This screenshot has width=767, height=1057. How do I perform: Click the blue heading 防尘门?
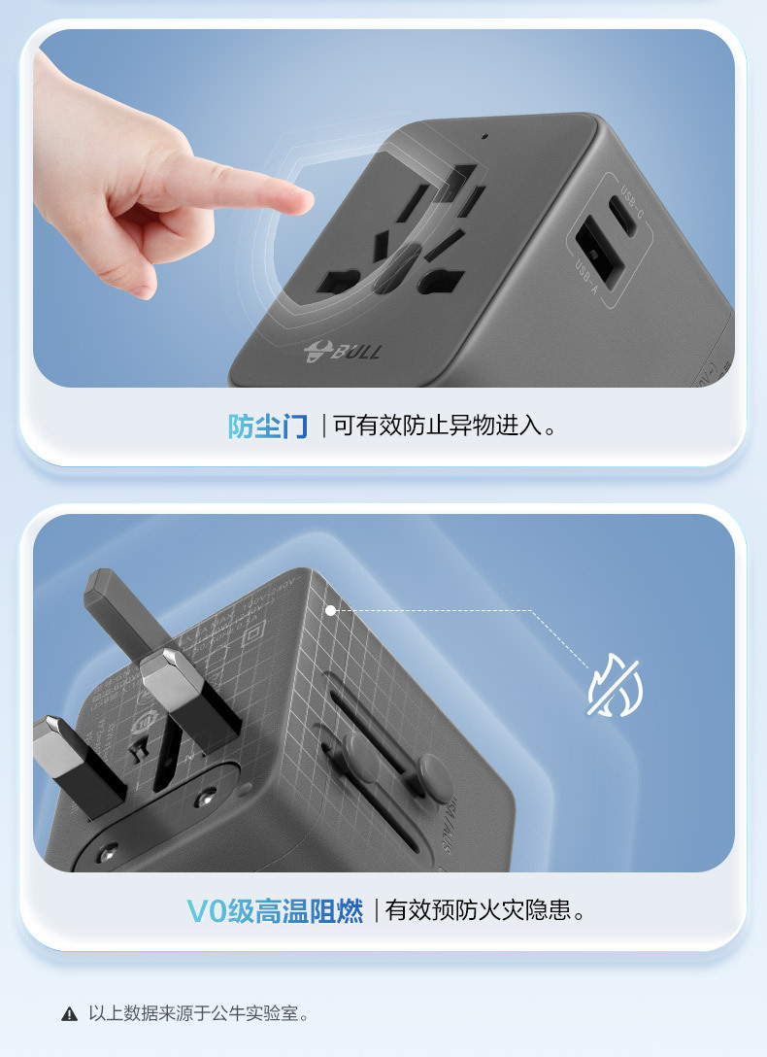(267, 426)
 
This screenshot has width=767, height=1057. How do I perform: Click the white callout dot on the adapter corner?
(331, 610)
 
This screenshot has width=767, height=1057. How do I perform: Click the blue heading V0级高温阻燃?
(275, 911)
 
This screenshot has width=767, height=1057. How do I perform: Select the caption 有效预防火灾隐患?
(485, 911)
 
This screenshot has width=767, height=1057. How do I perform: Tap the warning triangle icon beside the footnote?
(69, 1015)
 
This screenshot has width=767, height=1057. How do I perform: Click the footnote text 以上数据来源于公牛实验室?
(199, 1014)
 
